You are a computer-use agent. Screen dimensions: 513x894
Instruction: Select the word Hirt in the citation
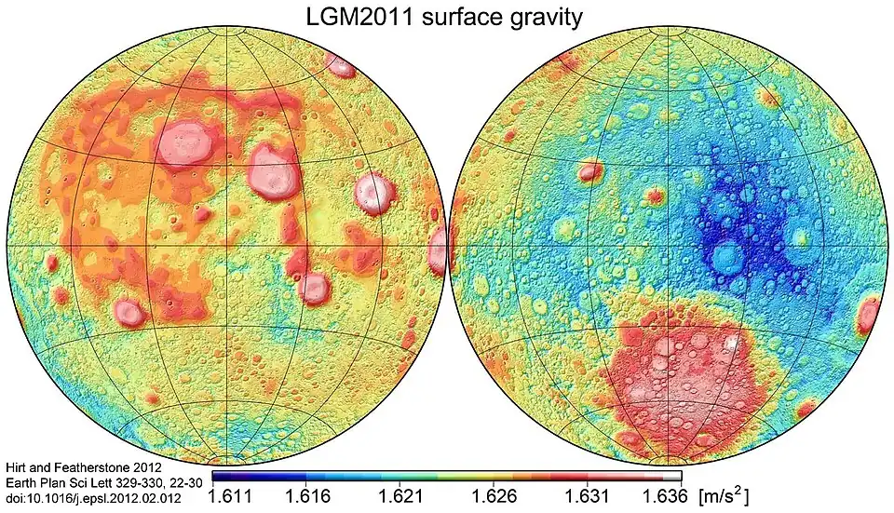[x=19, y=466]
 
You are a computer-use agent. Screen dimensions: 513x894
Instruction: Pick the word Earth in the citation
[x=21, y=481]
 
